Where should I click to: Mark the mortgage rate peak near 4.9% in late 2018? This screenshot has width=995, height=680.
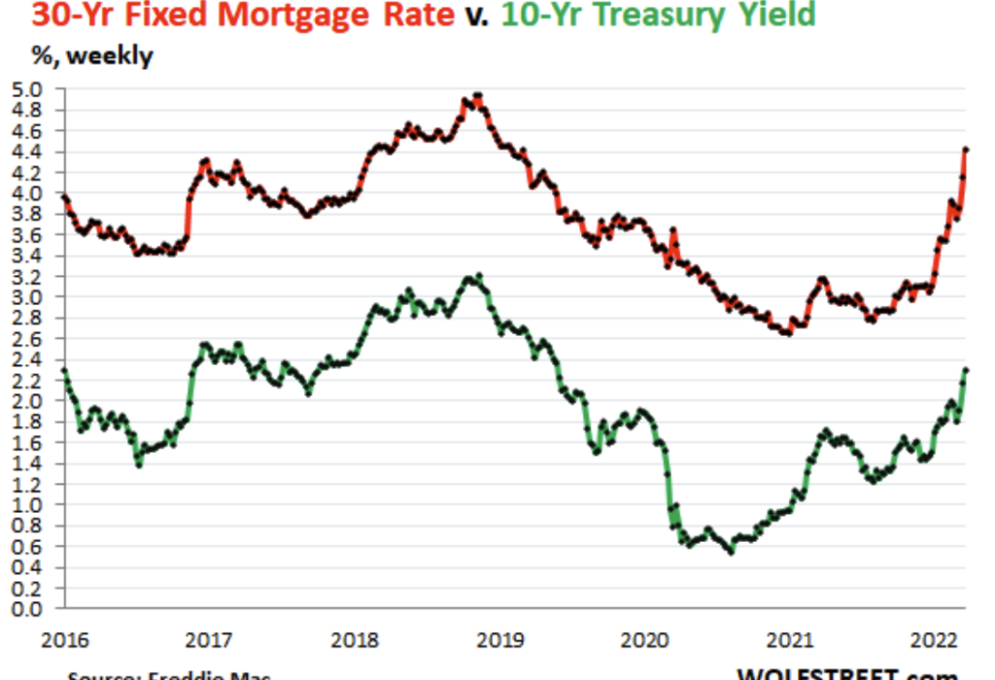477,95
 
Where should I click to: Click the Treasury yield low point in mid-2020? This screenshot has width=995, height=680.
731,551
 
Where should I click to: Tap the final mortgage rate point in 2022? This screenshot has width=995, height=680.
966,149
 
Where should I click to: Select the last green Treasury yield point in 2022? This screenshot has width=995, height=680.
966,369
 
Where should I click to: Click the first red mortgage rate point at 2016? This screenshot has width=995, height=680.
64,196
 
